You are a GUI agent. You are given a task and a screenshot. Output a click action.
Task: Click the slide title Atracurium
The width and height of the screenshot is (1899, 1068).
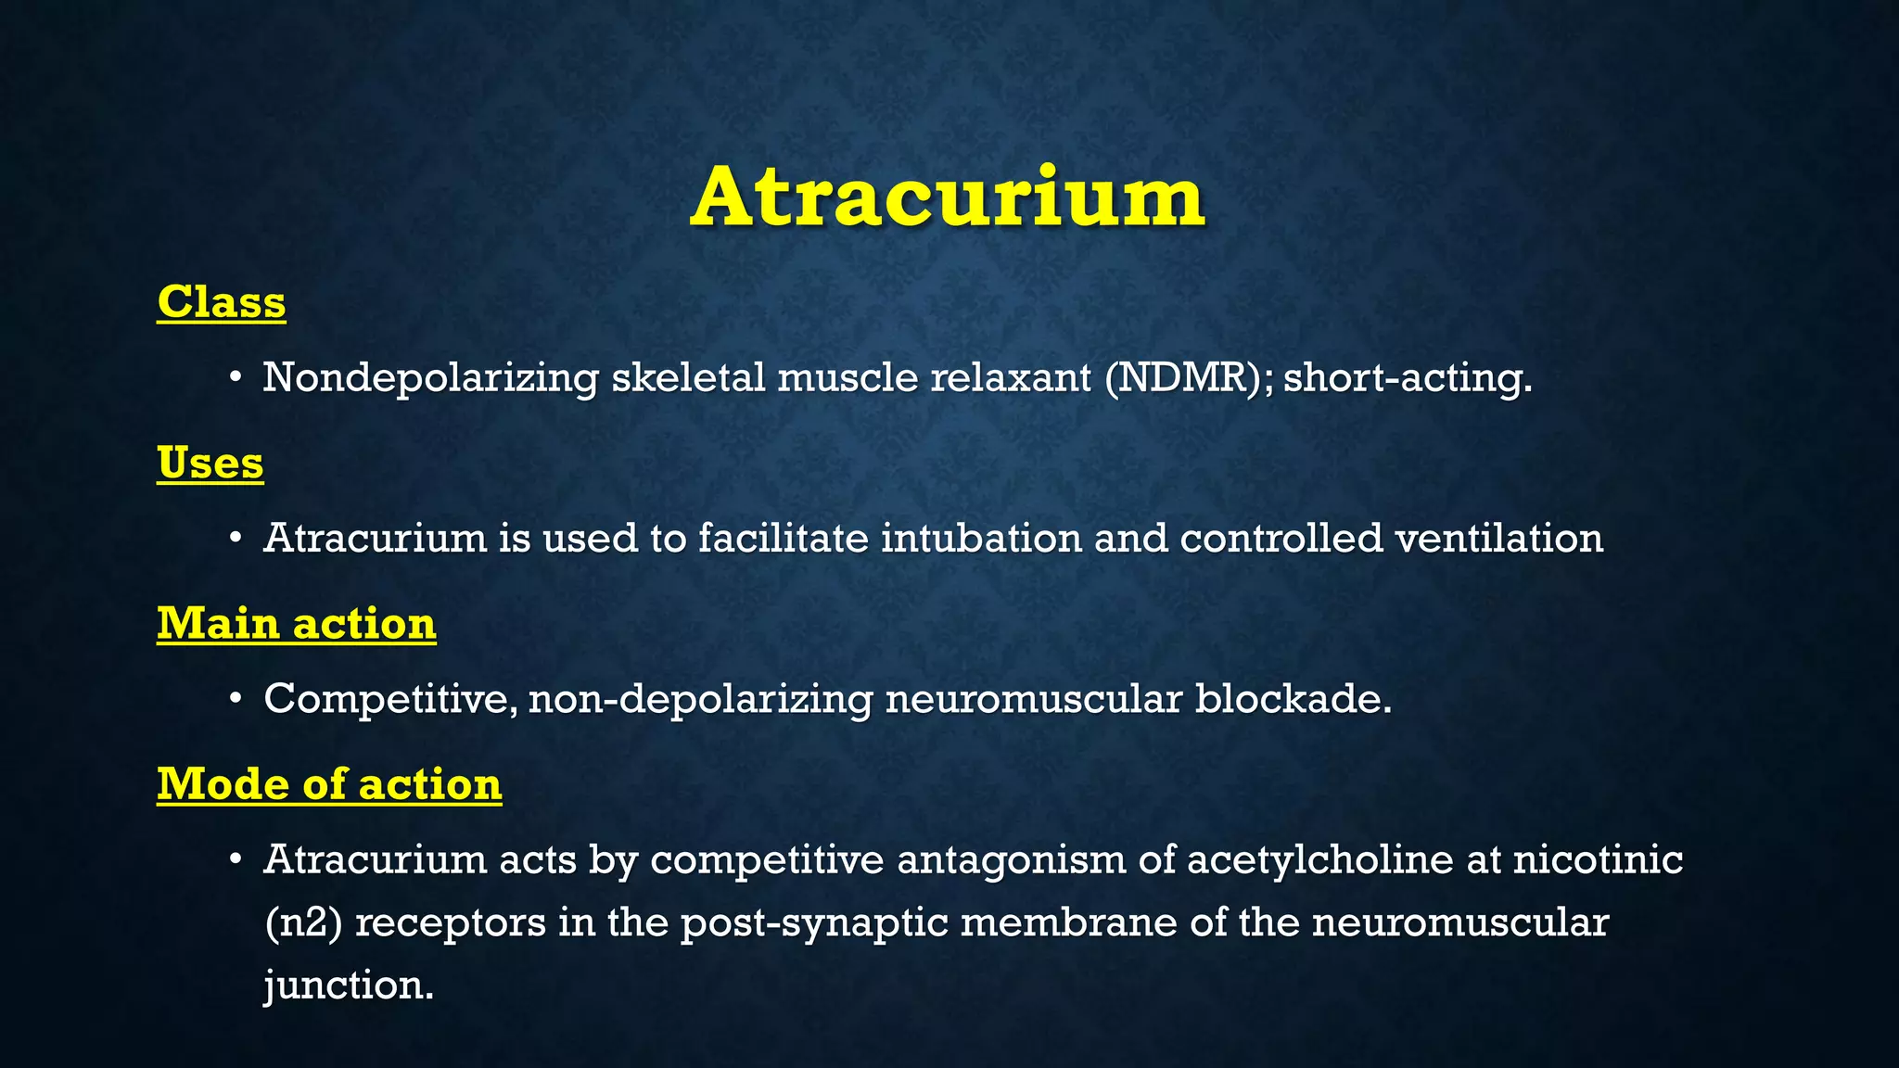pyautogui.click(x=948, y=197)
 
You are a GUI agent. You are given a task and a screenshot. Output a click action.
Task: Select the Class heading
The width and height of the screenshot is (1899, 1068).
pyautogui.click(x=222, y=302)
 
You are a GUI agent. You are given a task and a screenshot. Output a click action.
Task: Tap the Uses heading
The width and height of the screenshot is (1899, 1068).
pyautogui.click(x=210, y=463)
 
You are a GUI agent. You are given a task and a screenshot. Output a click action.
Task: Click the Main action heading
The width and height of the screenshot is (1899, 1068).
pyautogui.click(x=297, y=623)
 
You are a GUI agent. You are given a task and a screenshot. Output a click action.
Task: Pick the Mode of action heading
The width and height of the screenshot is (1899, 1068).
pyautogui.click(x=329, y=784)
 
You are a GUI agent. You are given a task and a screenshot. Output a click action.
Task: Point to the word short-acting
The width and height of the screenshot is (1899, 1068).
pyautogui.click(x=1407, y=377)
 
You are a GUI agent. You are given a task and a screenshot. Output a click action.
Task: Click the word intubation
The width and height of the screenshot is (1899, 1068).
pyautogui.click(x=981, y=538)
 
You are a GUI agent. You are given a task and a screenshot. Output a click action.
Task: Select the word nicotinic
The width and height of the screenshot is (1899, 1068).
pyautogui.click(x=1598, y=859)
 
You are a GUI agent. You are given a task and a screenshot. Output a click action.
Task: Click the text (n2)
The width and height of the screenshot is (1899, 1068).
pyautogui.click(x=303, y=922)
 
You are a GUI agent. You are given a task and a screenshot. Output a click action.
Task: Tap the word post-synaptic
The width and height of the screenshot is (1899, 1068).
pyautogui.click(x=814, y=922)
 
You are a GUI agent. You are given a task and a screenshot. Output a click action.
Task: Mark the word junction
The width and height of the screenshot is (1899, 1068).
pyautogui.click(x=349, y=985)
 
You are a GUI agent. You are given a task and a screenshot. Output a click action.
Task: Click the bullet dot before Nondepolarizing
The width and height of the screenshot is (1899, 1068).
pyautogui.click(x=236, y=378)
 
